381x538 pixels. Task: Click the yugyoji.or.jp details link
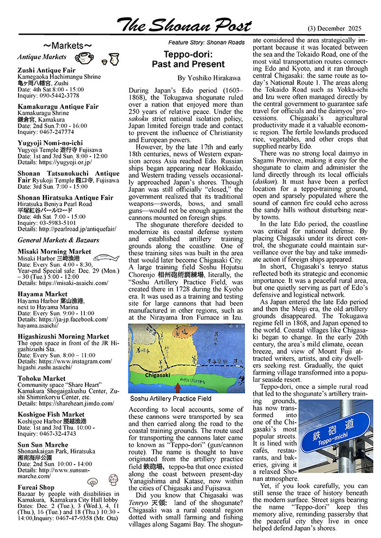point(62,162)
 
